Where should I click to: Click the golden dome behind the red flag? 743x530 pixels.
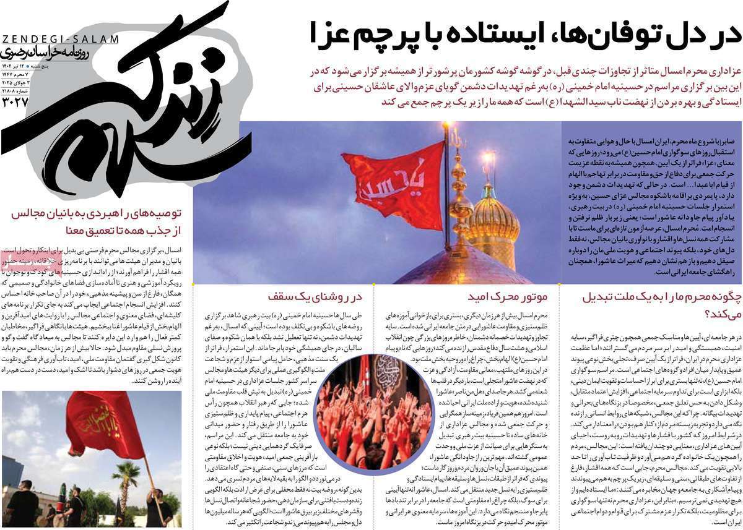tap(493, 223)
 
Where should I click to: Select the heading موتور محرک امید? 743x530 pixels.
tap(507, 297)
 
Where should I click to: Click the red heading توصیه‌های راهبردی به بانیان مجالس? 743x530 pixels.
tap(97, 214)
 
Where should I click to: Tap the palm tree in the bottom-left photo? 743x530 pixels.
tap(127, 479)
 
